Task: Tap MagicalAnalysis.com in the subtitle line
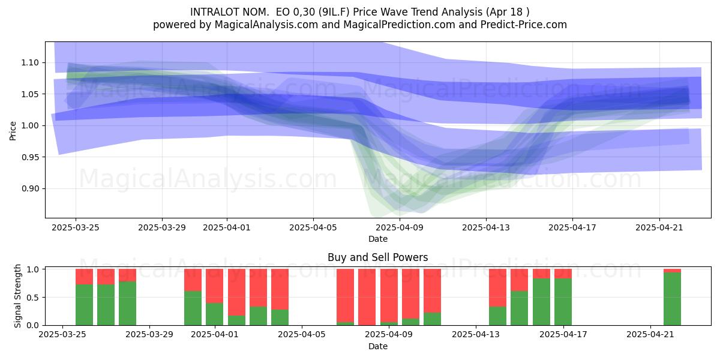(x=266, y=25)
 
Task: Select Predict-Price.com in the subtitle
(x=524, y=25)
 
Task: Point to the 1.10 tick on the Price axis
(x=30, y=62)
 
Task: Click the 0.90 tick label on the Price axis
(x=30, y=188)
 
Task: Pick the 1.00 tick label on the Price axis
(x=30, y=125)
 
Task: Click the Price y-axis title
(x=13, y=131)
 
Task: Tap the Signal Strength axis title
(x=17, y=296)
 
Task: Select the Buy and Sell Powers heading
(x=377, y=257)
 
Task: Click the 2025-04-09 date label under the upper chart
(x=400, y=227)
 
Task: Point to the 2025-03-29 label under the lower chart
(x=149, y=334)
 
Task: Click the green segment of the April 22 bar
(x=672, y=299)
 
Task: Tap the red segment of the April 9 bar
(x=389, y=295)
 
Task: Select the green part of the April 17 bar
(x=563, y=301)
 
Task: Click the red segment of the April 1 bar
(x=215, y=286)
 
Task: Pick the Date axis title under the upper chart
(x=377, y=239)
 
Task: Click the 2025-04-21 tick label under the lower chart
(x=650, y=334)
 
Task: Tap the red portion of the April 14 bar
(x=497, y=287)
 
